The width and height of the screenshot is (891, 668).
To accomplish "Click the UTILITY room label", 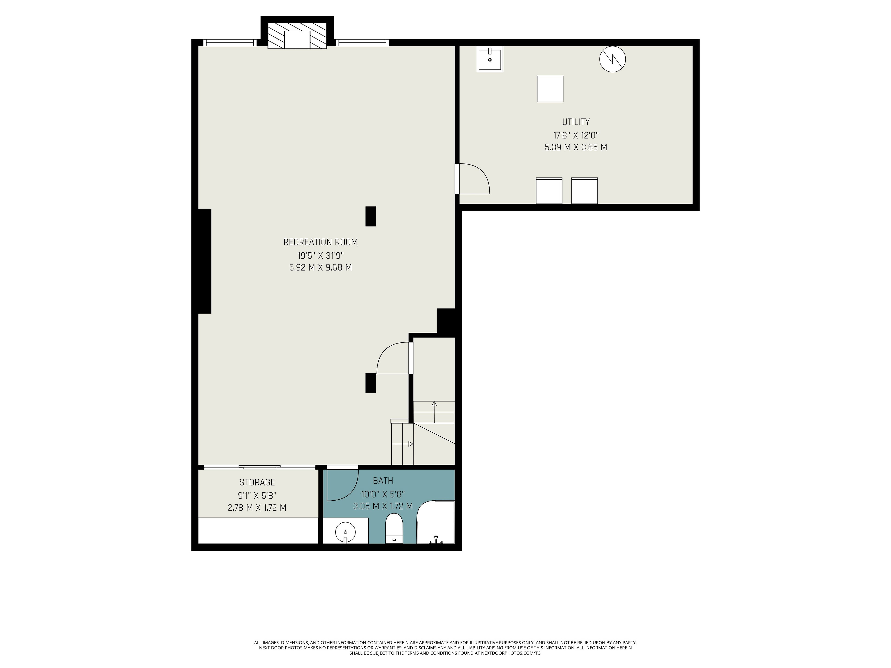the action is point(576,122).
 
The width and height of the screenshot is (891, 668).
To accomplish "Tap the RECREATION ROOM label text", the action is point(321,242).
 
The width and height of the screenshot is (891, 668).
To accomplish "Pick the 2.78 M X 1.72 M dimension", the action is point(257,508).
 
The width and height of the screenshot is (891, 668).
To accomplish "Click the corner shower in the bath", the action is point(436,522).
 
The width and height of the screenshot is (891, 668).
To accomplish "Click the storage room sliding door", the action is point(259,467).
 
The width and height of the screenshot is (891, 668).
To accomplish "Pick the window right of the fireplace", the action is point(362,42).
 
